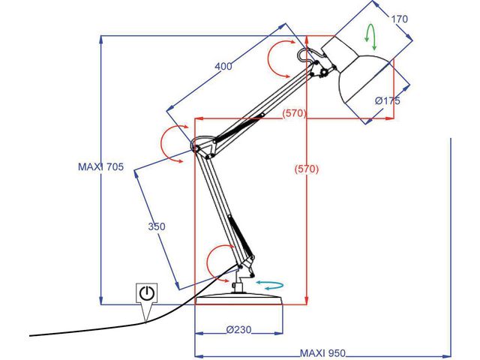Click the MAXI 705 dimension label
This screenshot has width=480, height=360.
click(100, 168)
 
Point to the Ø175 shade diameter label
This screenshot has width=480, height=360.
click(388, 101)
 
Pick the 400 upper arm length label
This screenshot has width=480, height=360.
click(223, 67)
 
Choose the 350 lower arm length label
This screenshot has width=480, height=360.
click(156, 226)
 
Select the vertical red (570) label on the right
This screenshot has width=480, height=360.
click(305, 169)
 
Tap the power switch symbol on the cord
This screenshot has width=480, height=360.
click(146, 292)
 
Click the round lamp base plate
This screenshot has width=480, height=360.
click(239, 301)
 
